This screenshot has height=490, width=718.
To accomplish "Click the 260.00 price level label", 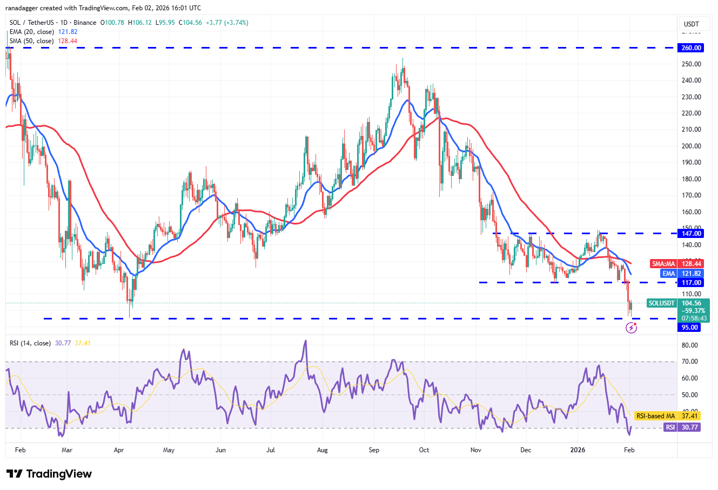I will (690, 48).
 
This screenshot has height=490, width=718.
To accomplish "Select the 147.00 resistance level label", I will (690, 234).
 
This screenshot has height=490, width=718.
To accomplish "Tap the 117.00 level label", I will (690, 283).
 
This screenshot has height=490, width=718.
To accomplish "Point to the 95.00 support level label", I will (689, 328).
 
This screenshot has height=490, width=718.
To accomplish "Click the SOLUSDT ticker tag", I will (662, 303).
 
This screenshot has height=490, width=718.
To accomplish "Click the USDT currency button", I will (691, 24).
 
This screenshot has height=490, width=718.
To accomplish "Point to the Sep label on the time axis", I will (374, 450).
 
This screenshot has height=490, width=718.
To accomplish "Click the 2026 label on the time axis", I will (580, 450).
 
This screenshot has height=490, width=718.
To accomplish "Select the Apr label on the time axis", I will (119, 450).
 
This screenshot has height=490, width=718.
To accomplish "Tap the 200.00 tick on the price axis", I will (692, 146).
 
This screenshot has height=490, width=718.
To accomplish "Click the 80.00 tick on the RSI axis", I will (690, 345).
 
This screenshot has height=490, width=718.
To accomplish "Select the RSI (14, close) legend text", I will (30, 343).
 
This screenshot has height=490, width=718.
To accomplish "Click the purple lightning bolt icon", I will (631, 328).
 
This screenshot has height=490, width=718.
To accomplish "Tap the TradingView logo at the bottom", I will (49, 474).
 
